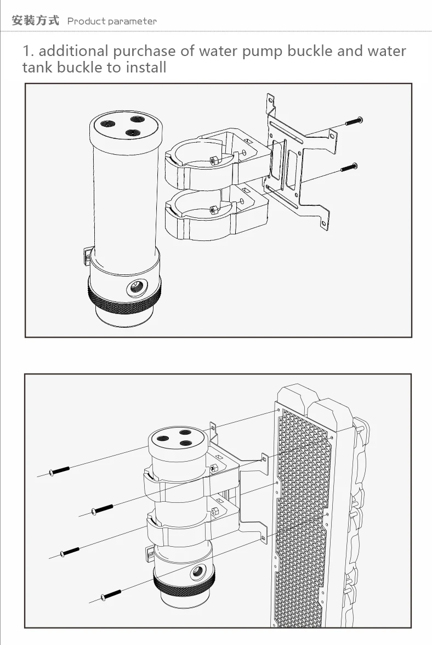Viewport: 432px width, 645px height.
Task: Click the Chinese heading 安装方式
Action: (35, 21)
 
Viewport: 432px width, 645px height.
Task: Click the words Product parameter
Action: (112, 21)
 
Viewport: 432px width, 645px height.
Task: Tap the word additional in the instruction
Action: (73, 51)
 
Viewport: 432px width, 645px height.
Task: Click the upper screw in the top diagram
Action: (353, 121)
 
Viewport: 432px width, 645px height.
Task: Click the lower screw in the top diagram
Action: (349, 167)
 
